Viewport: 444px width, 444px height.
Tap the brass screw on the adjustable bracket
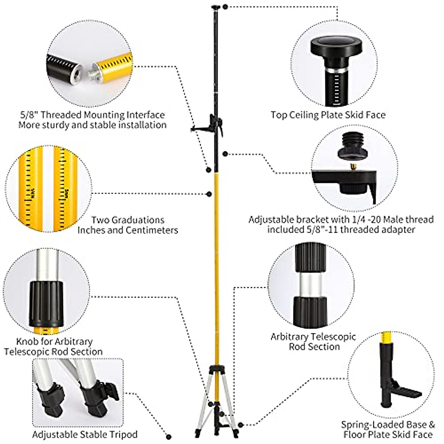point(352,167)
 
